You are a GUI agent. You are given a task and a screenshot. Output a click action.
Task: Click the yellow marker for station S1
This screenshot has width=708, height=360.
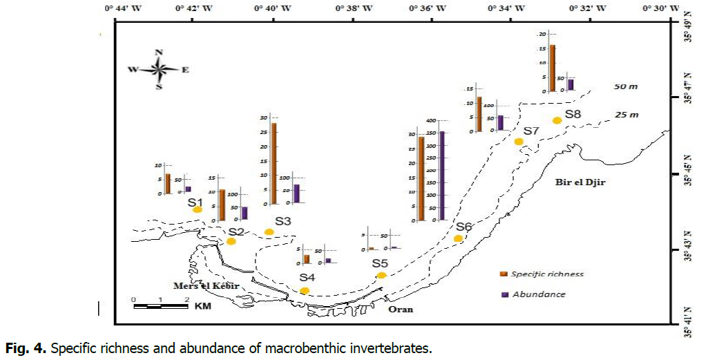(197, 209)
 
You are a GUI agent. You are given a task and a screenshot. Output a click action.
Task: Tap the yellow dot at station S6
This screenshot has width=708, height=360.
(458, 238)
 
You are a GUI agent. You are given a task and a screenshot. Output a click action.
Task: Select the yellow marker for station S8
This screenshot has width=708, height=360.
(557, 120)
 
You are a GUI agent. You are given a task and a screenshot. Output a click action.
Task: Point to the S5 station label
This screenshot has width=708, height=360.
(380, 263)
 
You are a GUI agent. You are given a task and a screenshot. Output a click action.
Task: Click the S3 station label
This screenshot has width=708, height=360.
(283, 221)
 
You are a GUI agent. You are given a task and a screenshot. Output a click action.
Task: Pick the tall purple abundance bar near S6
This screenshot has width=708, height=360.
(442, 176)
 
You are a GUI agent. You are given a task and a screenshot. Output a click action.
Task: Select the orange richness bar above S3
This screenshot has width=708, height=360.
(274, 163)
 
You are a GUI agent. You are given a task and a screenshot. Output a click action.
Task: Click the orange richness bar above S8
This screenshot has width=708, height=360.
(553, 68)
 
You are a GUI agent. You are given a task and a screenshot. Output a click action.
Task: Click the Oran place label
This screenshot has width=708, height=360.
(401, 309)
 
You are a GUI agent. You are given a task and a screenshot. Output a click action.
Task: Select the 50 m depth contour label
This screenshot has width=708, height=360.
(626, 87)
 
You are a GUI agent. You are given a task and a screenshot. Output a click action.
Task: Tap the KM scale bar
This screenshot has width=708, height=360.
(160, 304)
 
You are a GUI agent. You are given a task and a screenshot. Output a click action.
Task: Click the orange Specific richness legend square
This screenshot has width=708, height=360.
(504, 274)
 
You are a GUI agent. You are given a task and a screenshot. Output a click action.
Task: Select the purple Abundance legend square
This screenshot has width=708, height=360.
(504, 294)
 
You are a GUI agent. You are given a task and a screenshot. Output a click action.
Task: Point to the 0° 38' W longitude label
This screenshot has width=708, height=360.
(354, 8)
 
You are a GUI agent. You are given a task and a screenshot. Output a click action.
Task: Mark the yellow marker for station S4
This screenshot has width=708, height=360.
(305, 290)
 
